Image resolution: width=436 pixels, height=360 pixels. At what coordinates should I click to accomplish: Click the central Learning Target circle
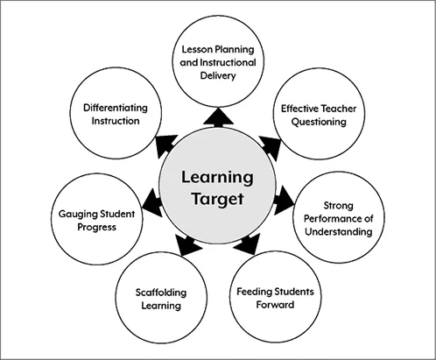click(x=216, y=188)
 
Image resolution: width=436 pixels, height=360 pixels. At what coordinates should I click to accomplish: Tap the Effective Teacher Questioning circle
click(x=313, y=115)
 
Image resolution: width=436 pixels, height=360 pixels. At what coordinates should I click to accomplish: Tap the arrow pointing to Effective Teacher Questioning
click(x=271, y=145)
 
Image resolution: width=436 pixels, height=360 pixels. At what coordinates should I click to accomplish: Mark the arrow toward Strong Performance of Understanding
click(x=284, y=204)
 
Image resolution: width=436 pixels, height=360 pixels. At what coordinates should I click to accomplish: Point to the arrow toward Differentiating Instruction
click(x=165, y=145)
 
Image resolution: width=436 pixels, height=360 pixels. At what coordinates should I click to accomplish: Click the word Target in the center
click(x=216, y=199)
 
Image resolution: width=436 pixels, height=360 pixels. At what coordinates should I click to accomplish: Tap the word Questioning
click(x=314, y=122)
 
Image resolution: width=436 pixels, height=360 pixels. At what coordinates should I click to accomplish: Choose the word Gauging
click(x=74, y=212)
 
